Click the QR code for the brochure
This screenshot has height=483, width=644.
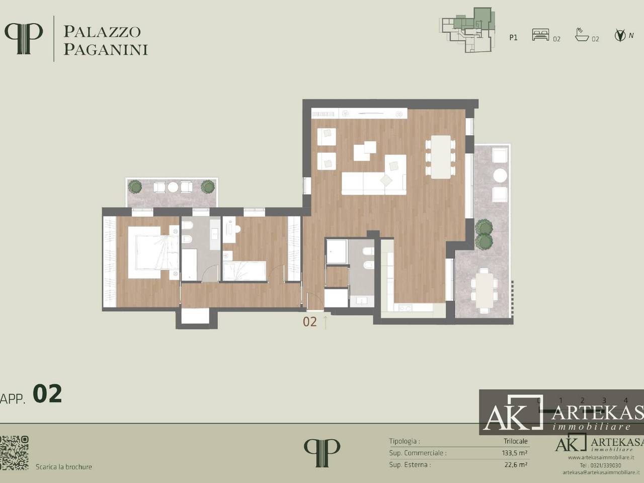tap(15, 453)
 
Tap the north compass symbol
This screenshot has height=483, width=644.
tap(620, 35)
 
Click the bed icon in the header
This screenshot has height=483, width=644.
tap(540, 35)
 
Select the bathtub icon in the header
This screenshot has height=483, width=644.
tap(582, 35)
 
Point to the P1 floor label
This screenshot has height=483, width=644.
tap(513, 38)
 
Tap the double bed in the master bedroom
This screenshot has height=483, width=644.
tap(152, 252)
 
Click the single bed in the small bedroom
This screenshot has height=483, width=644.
tap(245, 271)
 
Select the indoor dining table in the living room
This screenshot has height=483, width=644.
tap(441, 156)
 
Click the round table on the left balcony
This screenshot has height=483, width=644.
tap(173, 187)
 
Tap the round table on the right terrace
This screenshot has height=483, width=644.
tap(500, 175)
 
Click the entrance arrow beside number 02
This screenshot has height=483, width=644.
tap(326, 321)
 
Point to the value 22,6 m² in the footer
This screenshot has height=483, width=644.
tap(516, 465)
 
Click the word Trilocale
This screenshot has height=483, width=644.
tap(515, 441)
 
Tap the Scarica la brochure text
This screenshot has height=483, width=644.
tap(64, 467)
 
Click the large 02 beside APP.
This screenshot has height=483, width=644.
tap(47, 394)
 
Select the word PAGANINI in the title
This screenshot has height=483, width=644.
tap(106, 49)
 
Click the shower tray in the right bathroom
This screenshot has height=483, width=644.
tap(337, 251)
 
